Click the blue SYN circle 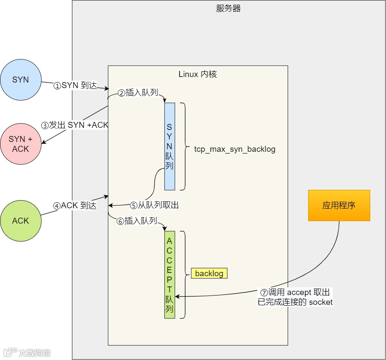pos(21,80)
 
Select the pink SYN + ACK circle pos(21,144)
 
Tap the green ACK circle pos(21,221)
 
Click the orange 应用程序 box pos(339,205)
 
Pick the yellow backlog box pos(209,273)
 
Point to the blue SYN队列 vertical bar pos(169,146)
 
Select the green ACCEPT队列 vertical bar pos(169,274)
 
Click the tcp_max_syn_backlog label pos(235,149)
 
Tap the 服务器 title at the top pos(228,9)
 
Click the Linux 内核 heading pos(198,74)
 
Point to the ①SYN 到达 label pos(75,86)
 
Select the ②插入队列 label pos(138,93)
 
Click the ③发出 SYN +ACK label pos(74,125)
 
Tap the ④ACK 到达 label pos(75,205)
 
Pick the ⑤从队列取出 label pos(154,205)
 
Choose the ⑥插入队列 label pos(137,221)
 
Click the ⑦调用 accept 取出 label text pos(295,292)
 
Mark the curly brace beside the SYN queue pos(185,146)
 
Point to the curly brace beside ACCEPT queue pos(185,274)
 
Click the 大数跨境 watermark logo pos(27,353)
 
